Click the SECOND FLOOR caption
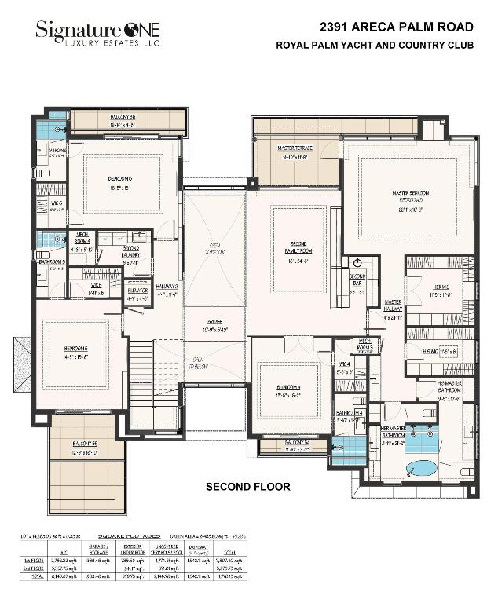[x=247, y=487]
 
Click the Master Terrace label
[x=296, y=148]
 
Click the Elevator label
[x=138, y=288]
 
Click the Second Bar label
[x=357, y=279]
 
